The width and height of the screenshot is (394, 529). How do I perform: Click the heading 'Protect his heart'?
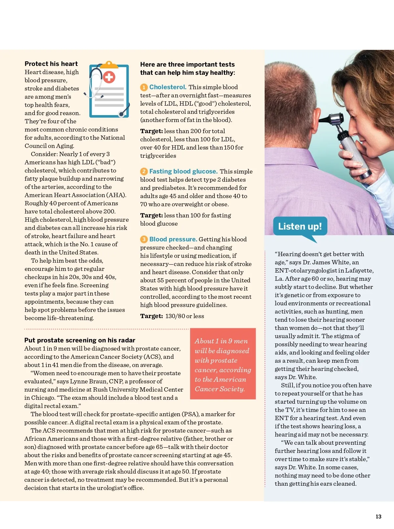tap(51, 64)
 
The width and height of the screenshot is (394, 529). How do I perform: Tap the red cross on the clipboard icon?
tap(109, 77)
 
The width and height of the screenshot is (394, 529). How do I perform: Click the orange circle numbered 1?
tap(144, 87)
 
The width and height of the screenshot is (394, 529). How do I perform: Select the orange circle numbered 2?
tap(144, 172)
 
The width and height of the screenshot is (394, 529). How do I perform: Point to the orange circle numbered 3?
tap(144, 239)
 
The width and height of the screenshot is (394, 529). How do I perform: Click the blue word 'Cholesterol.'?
tap(168, 87)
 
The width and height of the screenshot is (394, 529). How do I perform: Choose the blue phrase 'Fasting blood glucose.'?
tap(183, 171)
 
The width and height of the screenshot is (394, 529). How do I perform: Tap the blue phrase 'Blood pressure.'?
tap(173, 239)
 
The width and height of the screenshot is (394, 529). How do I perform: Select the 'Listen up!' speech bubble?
tap(300, 226)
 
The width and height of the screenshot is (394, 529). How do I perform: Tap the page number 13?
tap(378, 517)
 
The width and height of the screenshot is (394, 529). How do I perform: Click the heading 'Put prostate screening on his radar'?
tap(80, 340)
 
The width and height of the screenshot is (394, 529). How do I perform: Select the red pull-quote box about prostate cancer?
tap(223, 364)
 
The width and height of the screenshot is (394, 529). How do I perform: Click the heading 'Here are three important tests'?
tap(187, 64)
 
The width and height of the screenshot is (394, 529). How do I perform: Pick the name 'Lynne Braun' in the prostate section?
tap(88, 381)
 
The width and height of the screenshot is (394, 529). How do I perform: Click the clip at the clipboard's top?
tap(109, 65)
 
